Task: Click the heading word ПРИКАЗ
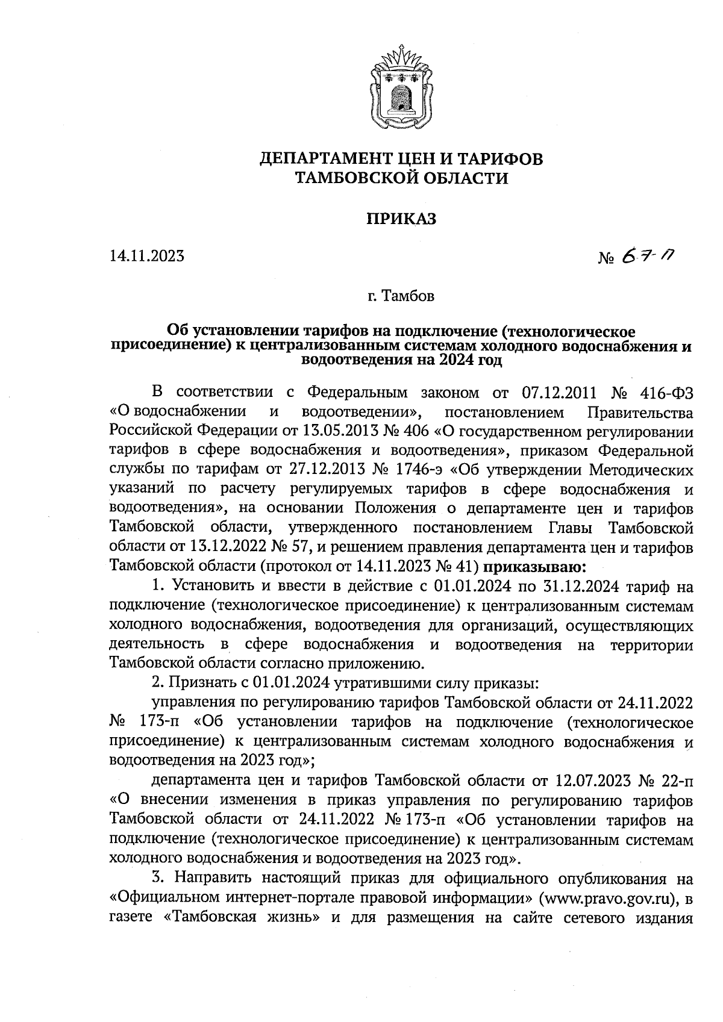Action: coord(401,219)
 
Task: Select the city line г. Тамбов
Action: coord(401,297)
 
